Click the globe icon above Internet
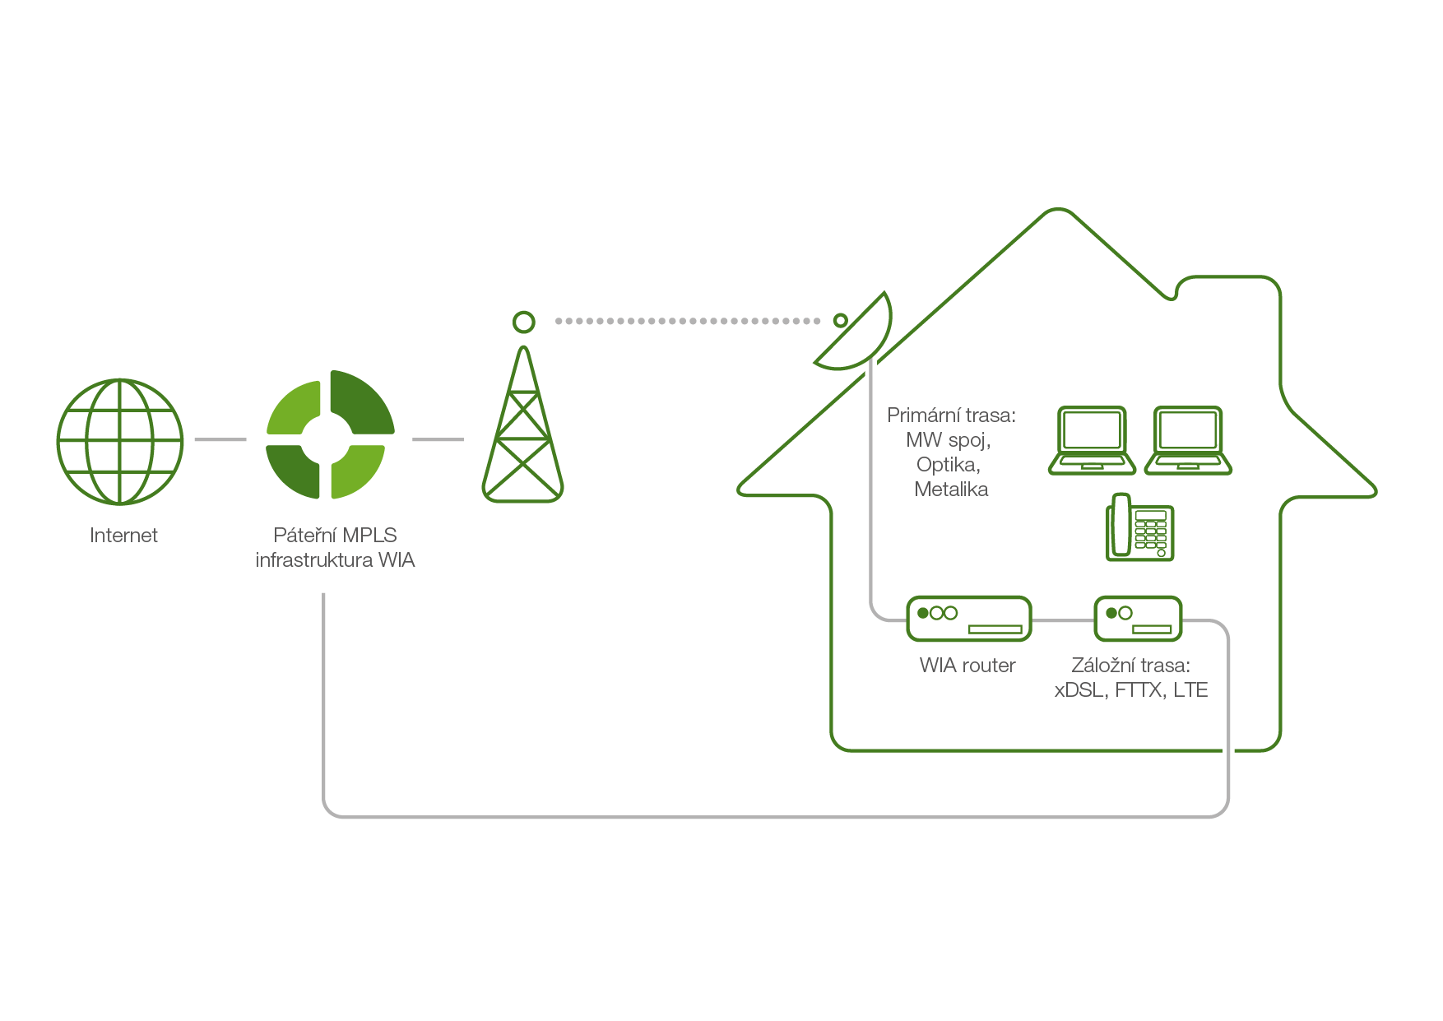(120, 441)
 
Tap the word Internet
(123, 536)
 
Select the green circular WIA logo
(331, 434)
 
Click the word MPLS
(369, 536)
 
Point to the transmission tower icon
(522, 424)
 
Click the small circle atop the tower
(523, 322)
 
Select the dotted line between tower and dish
(688, 321)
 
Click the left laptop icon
(1092, 440)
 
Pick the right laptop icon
(1188, 440)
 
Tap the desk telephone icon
(1139, 527)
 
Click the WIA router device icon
(969, 619)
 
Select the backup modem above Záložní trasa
(1138, 619)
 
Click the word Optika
(949, 465)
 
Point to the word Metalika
(951, 490)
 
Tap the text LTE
(1190, 690)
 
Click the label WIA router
(967, 666)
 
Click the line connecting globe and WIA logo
(220, 439)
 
